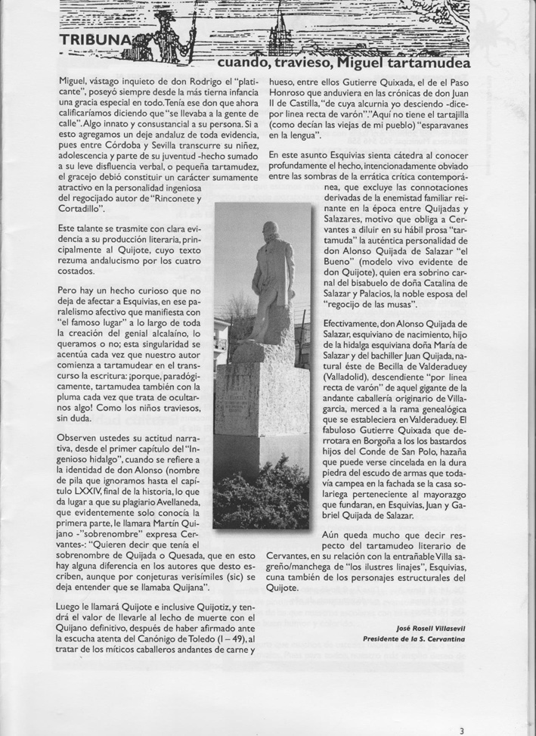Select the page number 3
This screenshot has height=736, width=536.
tap(462, 730)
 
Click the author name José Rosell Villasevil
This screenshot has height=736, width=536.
tap(430, 627)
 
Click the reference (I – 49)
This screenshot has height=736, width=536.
tap(223, 638)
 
